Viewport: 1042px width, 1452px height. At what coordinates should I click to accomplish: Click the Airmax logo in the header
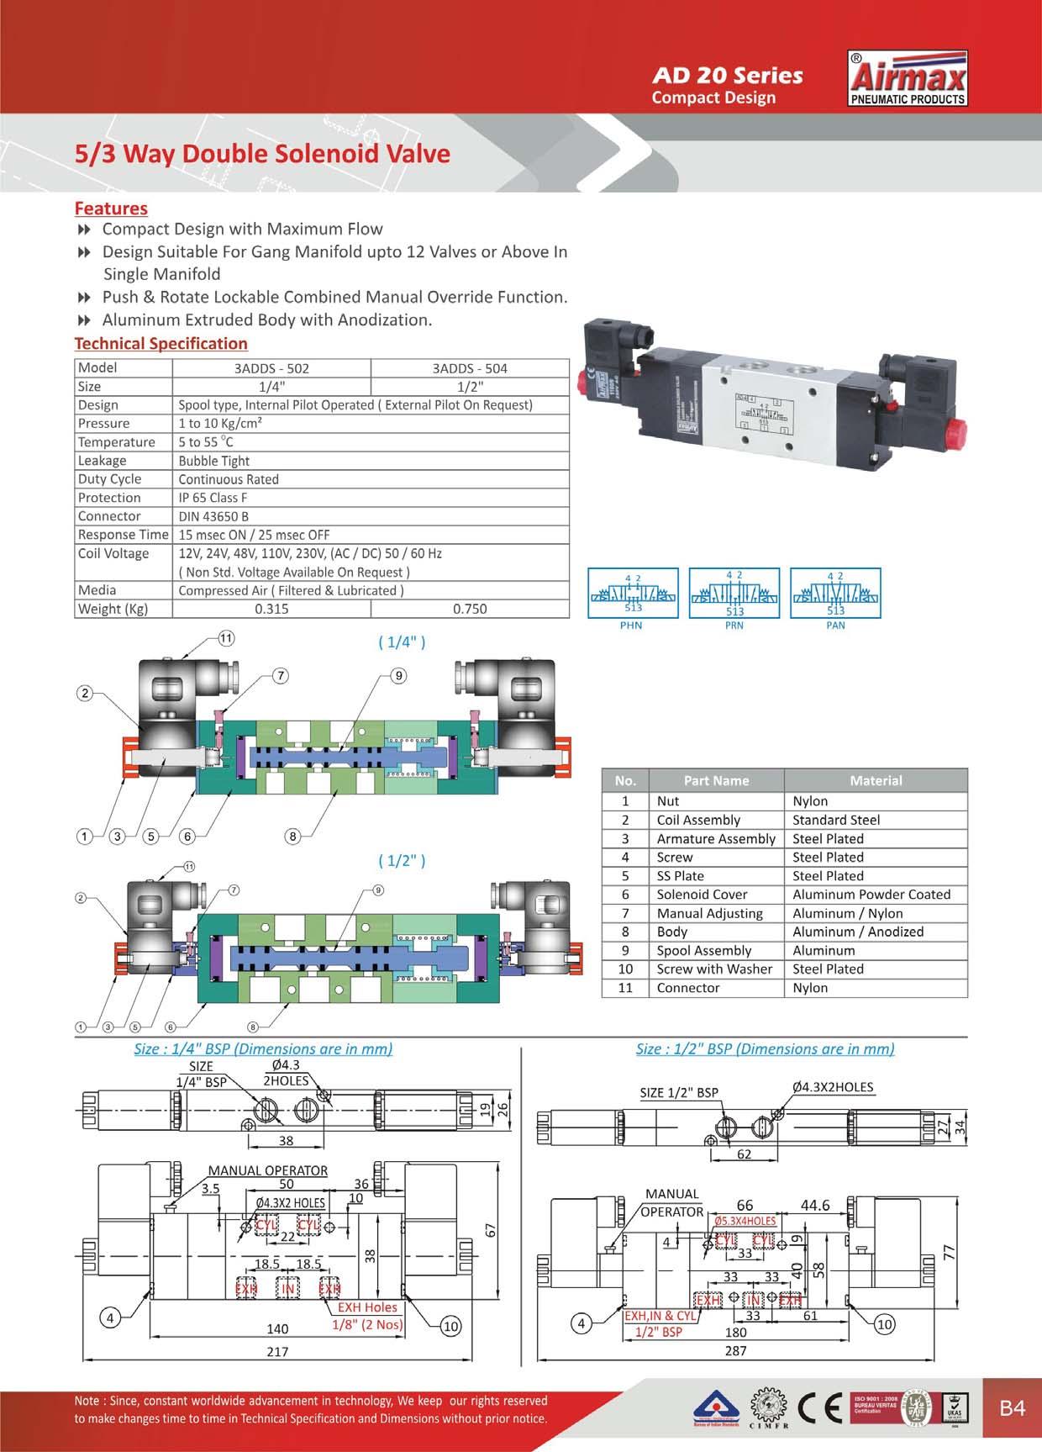click(908, 80)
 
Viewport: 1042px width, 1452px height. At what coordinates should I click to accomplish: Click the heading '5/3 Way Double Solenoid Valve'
click(263, 155)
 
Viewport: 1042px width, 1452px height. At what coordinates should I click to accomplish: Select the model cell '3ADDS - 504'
click(470, 368)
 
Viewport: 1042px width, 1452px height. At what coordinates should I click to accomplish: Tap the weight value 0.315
click(271, 609)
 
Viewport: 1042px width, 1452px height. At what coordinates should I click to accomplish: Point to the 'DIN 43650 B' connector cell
click(213, 516)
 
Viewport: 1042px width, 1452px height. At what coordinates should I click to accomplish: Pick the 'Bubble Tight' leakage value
click(213, 461)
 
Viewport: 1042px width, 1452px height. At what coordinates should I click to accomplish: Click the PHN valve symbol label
click(631, 626)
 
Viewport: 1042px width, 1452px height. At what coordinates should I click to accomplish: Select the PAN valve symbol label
click(835, 626)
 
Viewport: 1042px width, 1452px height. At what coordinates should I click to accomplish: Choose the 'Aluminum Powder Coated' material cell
click(871, 895)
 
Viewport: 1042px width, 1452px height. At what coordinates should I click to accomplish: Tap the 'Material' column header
click(875, 780)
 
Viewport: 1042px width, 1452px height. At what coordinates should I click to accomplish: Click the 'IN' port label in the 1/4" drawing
click(288, 1289)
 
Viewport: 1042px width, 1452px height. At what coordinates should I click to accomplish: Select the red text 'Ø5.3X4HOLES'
click(745, 1221)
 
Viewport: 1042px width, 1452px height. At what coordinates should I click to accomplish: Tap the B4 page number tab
click(1012, 1408)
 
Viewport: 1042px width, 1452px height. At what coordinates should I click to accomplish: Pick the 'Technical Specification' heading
click(161, 344)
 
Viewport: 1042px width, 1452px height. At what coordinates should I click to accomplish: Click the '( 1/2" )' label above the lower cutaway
click(402, 860)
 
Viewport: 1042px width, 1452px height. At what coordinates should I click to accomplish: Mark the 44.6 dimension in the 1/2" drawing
click(814, 1206)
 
